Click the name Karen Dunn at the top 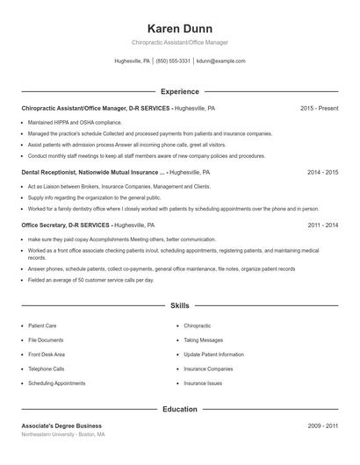click(x=180, y=28)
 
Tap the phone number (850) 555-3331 click(x=173, y=61)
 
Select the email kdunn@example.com click(x=220, y=61)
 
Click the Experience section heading click(x=180, y=91)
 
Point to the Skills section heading click(x=180, y=306)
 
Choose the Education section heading click(x=180, y=409)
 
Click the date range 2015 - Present click(x=319, y=108)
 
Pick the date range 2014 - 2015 click(x=322, y=173)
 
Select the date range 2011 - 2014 click(x=322, y=225)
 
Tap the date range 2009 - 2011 click(x=322, y=426)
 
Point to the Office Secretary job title click(x=51, y=225)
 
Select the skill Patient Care click(x=42, y=325)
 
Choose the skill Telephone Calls click(x=46, y=369)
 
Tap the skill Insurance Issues click(x=203, y=383)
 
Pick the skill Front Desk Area click(x=47, y=354)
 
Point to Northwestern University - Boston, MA click(x=63, y=435)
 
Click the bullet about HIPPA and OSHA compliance click(x=75, y=123)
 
